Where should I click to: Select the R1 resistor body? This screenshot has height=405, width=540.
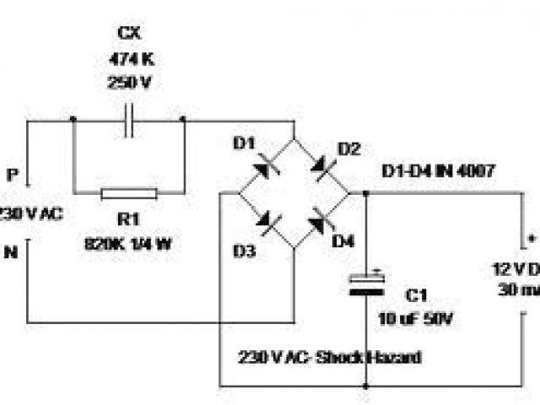pyautogui.click(x=128, y=194)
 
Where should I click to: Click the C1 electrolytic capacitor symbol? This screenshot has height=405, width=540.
pyautogui.click(x=367, y=284)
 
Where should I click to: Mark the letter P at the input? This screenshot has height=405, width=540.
pyautogui.click(x=12, y=175)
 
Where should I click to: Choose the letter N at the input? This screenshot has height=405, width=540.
pyautogui.click(x=12, y=251)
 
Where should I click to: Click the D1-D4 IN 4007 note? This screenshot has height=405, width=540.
pyautogui.click(x=438, y=172)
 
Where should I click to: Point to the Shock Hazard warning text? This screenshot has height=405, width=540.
pyautogui.click(x=331, y=357)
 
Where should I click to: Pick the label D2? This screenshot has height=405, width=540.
pyautogui.click(x=348, y=150)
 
